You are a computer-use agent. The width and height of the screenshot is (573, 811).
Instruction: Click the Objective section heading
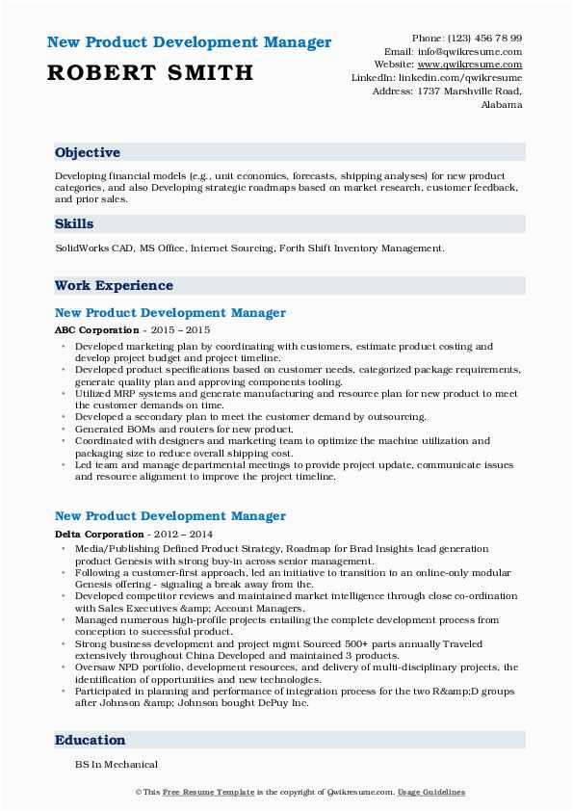[x=88, y=152]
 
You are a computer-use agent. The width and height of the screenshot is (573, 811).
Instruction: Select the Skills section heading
[x=74, y=223]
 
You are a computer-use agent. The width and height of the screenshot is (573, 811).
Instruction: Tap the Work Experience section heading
[x=114, y=285]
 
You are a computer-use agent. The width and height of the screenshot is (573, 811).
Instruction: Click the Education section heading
[x=91, y=740]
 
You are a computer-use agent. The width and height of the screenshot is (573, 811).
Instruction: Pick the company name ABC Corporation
[x=96, y=329]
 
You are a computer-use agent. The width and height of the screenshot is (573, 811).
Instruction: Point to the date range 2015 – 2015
[x=178, y=329]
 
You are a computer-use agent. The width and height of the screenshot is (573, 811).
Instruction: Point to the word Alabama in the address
[x=502, y=105]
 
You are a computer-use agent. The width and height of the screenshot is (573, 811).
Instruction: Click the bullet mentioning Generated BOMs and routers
[x=184, y=429]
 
